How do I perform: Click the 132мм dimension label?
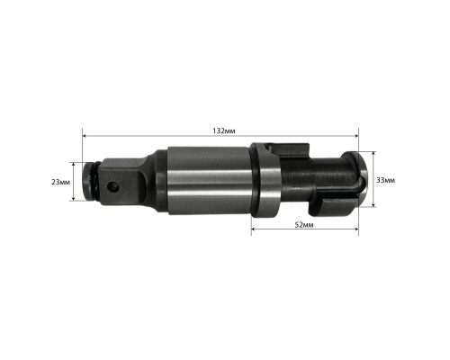click(224, 131)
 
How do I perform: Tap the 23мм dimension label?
click(60, 182)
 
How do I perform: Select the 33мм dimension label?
click(386, 180)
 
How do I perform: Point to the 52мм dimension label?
click(304, 225)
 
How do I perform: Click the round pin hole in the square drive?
click(113, 187)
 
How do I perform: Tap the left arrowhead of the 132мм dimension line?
click(85, 136)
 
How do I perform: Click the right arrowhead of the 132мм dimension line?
click(356, 136)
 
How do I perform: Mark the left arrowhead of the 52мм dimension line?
click(254, 229)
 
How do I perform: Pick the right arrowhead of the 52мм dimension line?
click(356, 229)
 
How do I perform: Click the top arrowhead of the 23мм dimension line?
click(73, 165)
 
